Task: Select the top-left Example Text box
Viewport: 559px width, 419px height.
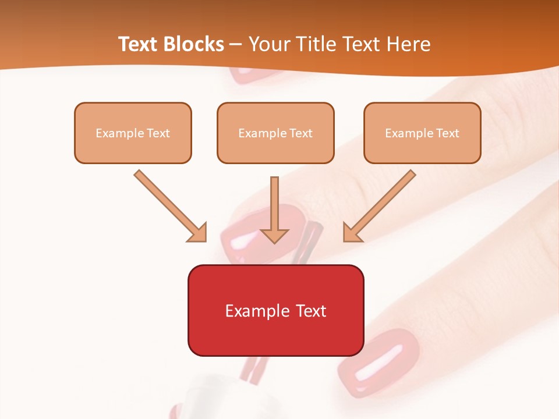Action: pyautogui.click(x=133, y=133)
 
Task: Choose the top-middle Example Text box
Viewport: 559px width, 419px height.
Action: pyautogui.click(x=275, y=133)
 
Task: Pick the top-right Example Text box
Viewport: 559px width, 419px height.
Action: pyautogui.click(x=422, y=133)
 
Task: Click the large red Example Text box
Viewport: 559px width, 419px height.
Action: pyautogui.click(x=275, y=310)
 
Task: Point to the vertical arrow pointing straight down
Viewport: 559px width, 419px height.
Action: pyautogui.click(x=274, y=210)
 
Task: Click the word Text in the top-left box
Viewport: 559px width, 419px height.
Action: pyautogui.click(x=158, y=133)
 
